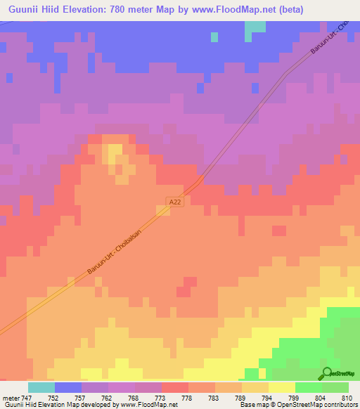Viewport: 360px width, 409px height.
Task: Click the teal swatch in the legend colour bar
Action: pyautogui.click(x=41, y=387)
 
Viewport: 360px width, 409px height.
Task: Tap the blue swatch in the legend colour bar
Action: pyautogui.click(x=68, y=387)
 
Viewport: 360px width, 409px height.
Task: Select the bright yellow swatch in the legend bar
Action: pyautogui.click(x=282, y=387)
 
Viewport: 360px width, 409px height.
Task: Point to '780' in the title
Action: pyautogui.click(x=130, y=11)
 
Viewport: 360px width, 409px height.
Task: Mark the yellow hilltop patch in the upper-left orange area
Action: pyautogui.click(x=113, y=152)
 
